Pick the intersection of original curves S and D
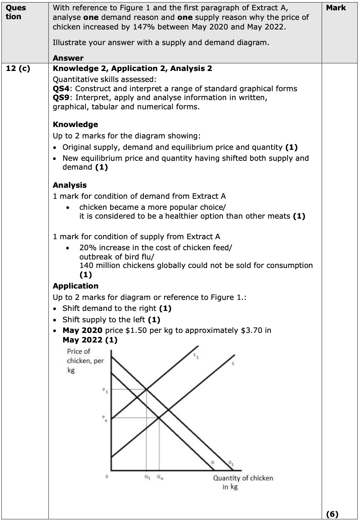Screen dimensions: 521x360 pos(159,418)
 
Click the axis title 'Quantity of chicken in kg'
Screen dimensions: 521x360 pos(243,482)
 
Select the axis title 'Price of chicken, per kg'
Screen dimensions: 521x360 pos(85,361)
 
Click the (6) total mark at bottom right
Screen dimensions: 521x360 pos(332,514)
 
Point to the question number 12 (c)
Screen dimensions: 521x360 pos(18,68)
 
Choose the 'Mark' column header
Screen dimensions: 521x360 pos(336,8)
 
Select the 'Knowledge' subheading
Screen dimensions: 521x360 pos(75,125)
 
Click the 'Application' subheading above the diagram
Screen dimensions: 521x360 pos(76,286)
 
